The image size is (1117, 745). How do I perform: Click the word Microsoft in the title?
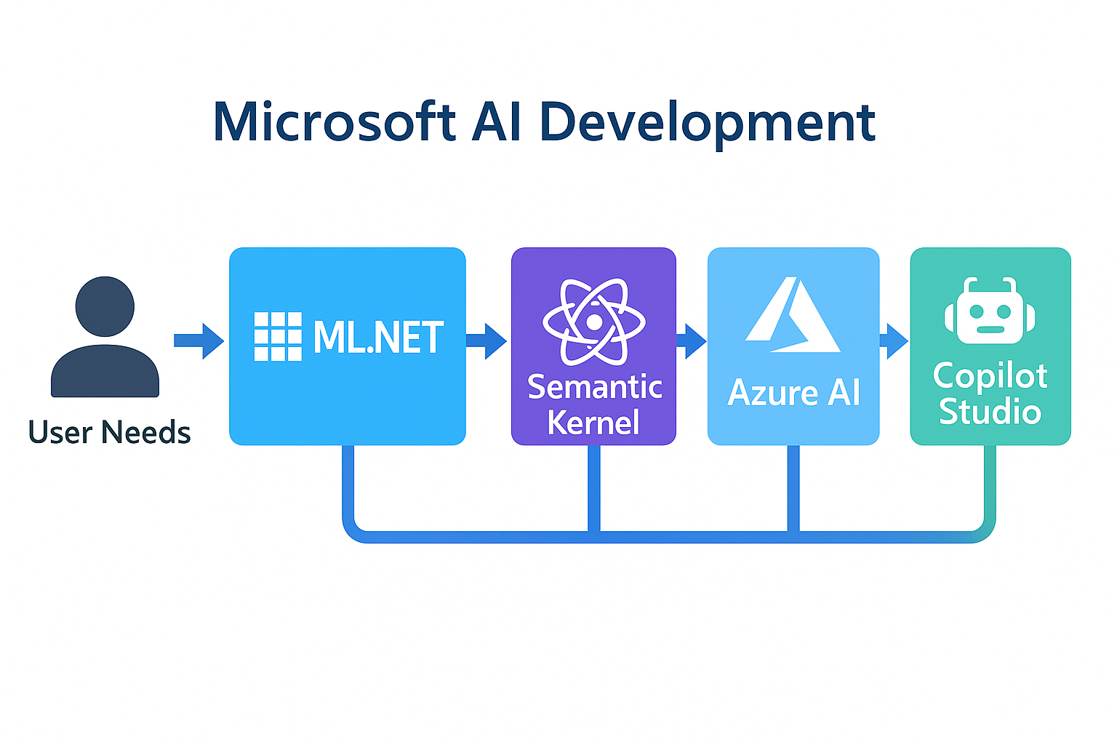pyautogui.click(x=334, y=121)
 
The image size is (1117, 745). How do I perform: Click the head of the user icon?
pyautogui.click(x=105, y=306)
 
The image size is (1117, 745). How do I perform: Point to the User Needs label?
pyautogui.click(x=109, y=431)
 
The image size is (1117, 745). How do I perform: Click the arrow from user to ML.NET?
pyautogui.click(x=199, y=340)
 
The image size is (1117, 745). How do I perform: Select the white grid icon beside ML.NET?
pyautogui.click(x=278, y=336)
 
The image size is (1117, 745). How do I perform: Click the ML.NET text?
pyautogui.click(x=378, y=338)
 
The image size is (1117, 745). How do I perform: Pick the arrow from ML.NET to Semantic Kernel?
pyautogui.click(x=487, y=340)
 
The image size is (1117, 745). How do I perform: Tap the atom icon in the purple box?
pyautogui.click(x=594, y=322)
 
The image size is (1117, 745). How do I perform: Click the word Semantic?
pyautogui.click(x=594, y=387)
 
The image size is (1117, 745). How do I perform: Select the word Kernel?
pyautogui.click(x=593, y=422)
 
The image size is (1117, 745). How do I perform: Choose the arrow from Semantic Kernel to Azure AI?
pyautogui.click(x=691, y=340)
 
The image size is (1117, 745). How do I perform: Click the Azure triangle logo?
pyautogui.click(x=793, y=314)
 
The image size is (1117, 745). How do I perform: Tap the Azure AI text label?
pyautogui.click(x=794, y=392)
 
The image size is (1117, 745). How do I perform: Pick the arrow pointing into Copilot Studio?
pyautogui.click(x=894, y=340)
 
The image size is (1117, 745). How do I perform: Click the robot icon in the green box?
pyautogui.click(x=990, y=311)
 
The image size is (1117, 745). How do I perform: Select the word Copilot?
pyautogui.click(x=990, y=376)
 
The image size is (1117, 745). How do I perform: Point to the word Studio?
pyautogui.click(x=990, y=412)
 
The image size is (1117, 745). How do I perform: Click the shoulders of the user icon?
pyautogui.click(x=105, y=371)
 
